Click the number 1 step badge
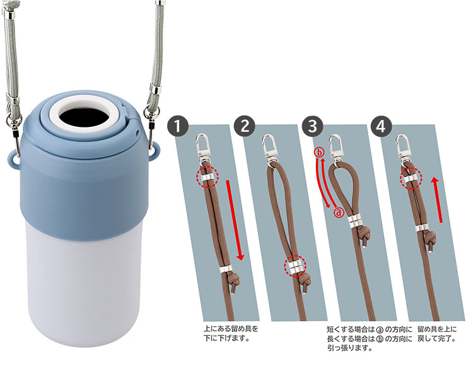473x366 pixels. coord(178,126)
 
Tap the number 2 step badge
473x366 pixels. coord(245,126)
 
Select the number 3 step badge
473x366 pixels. coord(313,126)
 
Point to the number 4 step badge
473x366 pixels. coord(381,126)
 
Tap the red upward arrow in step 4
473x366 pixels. coord(438,200)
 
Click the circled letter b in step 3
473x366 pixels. coord(319,153)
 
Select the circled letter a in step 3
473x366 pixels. coord(339,212)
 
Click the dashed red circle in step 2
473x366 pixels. coord(295,266)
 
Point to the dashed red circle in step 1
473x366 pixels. coord(207,177)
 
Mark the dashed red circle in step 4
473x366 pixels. coord(411,179)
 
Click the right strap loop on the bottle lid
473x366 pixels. coord(155,153)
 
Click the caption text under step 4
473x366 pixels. coord(437,334)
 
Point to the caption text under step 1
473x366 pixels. coord(231,333)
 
